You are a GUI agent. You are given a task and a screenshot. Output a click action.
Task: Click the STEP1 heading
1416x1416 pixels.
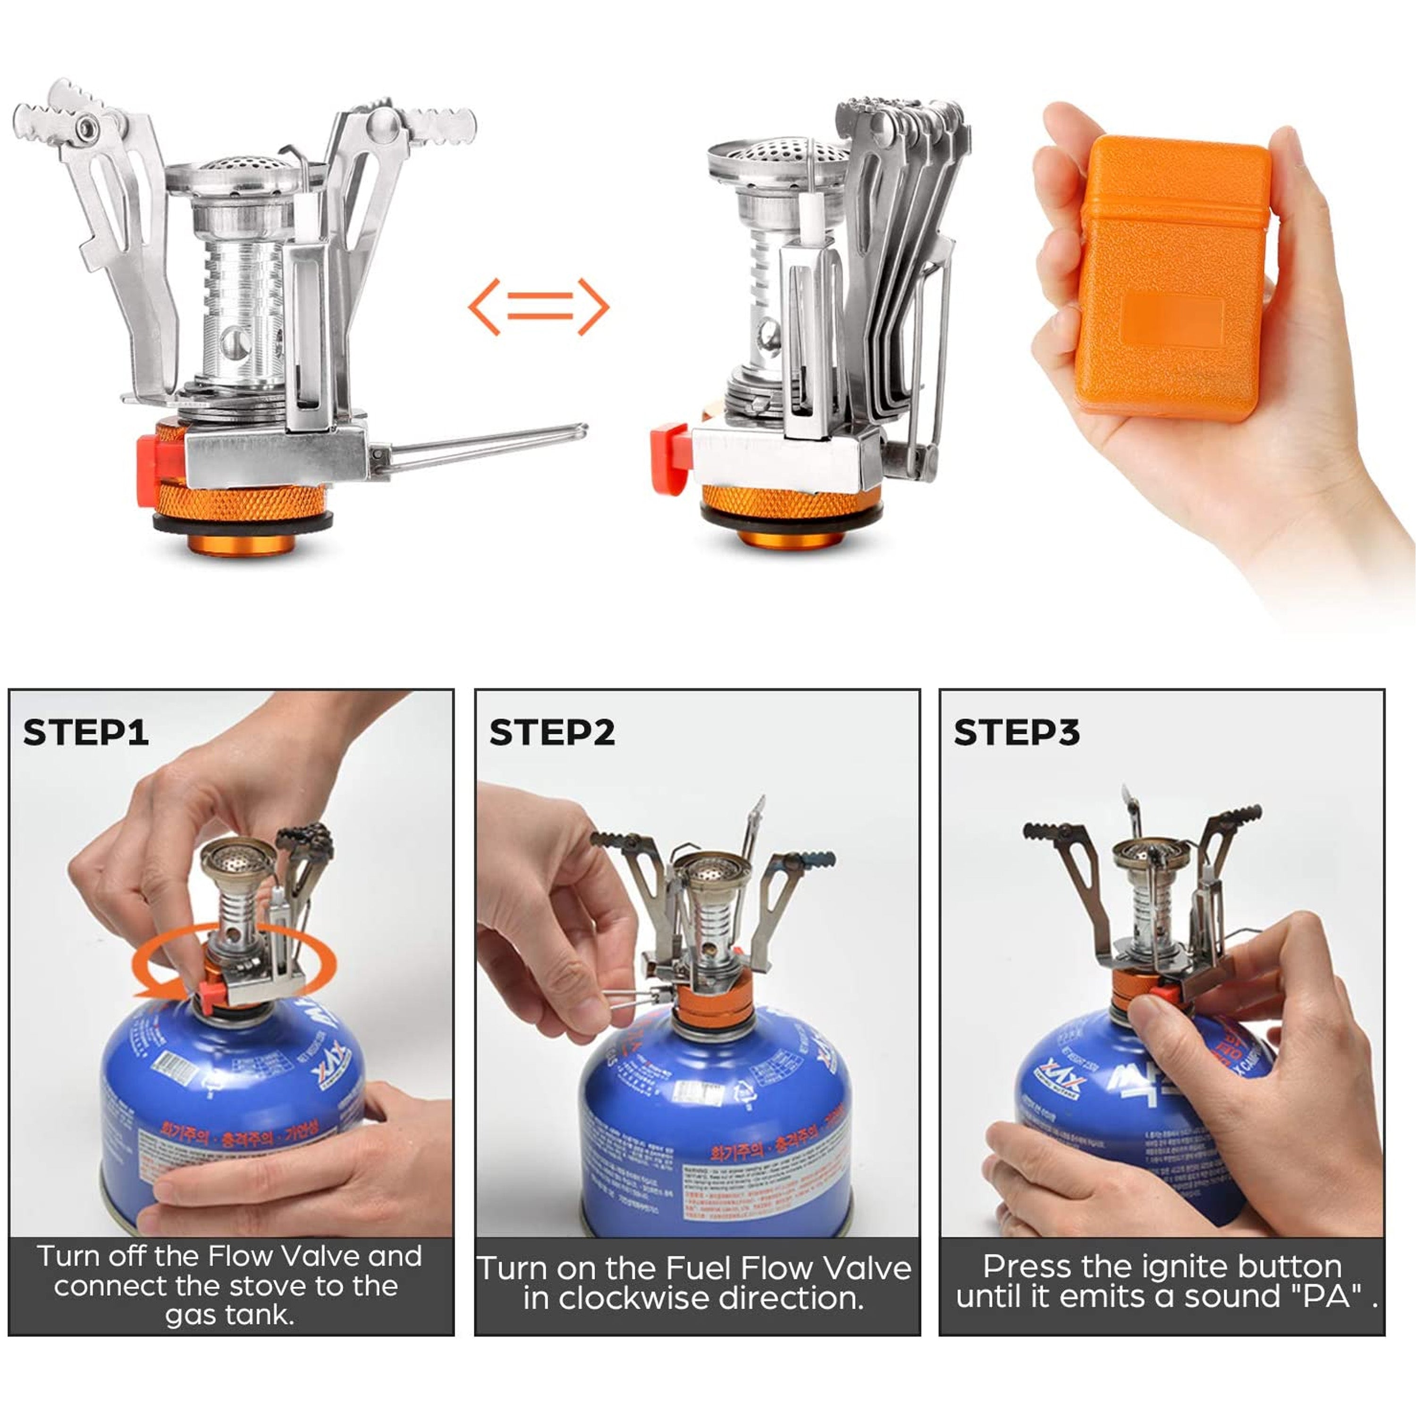(x=86, y=732)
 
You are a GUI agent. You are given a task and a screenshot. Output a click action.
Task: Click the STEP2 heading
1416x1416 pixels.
(x=551, y=732)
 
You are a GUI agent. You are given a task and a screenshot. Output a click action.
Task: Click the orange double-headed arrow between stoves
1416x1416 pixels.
(x=539, y=306)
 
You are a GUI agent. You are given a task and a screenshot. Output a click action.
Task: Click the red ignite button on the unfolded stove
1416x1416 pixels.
(x=150, y=469)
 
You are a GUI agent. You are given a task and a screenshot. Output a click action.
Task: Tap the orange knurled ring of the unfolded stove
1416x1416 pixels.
(x=242, y=502)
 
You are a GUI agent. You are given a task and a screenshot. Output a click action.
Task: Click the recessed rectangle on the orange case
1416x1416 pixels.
(x=1171, y=320)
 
